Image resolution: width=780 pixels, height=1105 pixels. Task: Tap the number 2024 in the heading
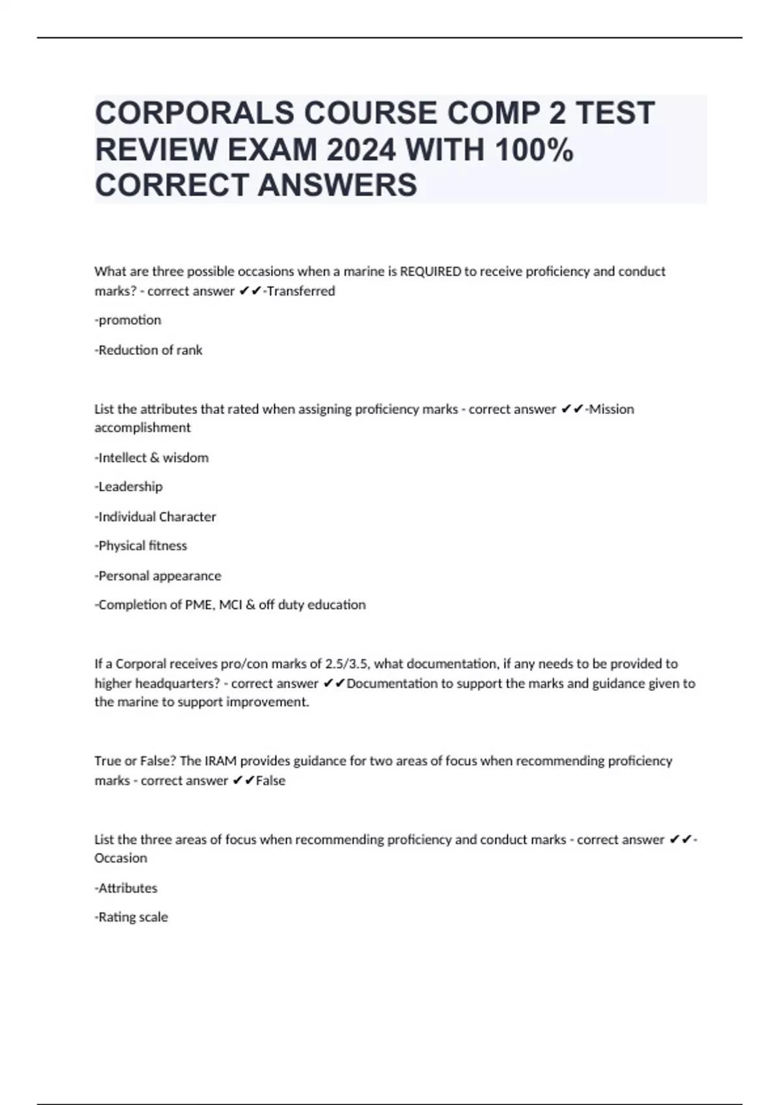361,150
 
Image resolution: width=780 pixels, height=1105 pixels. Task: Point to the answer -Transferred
300,291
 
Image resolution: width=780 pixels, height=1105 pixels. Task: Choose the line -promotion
128,320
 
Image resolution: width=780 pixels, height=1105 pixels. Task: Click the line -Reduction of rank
149,350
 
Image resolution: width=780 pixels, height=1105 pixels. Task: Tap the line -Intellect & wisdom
151,458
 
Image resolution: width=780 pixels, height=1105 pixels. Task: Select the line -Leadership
129,486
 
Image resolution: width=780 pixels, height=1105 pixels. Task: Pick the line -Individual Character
155,517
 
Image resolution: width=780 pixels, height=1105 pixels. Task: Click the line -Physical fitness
141,545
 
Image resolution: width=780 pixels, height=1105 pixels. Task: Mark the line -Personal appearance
158,575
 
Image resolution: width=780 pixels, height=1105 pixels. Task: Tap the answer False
270,780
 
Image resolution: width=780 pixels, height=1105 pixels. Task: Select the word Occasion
121,858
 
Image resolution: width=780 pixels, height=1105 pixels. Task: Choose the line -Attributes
126,888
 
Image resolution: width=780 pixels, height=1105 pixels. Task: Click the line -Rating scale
131,917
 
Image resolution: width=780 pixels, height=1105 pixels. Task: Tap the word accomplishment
142,428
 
